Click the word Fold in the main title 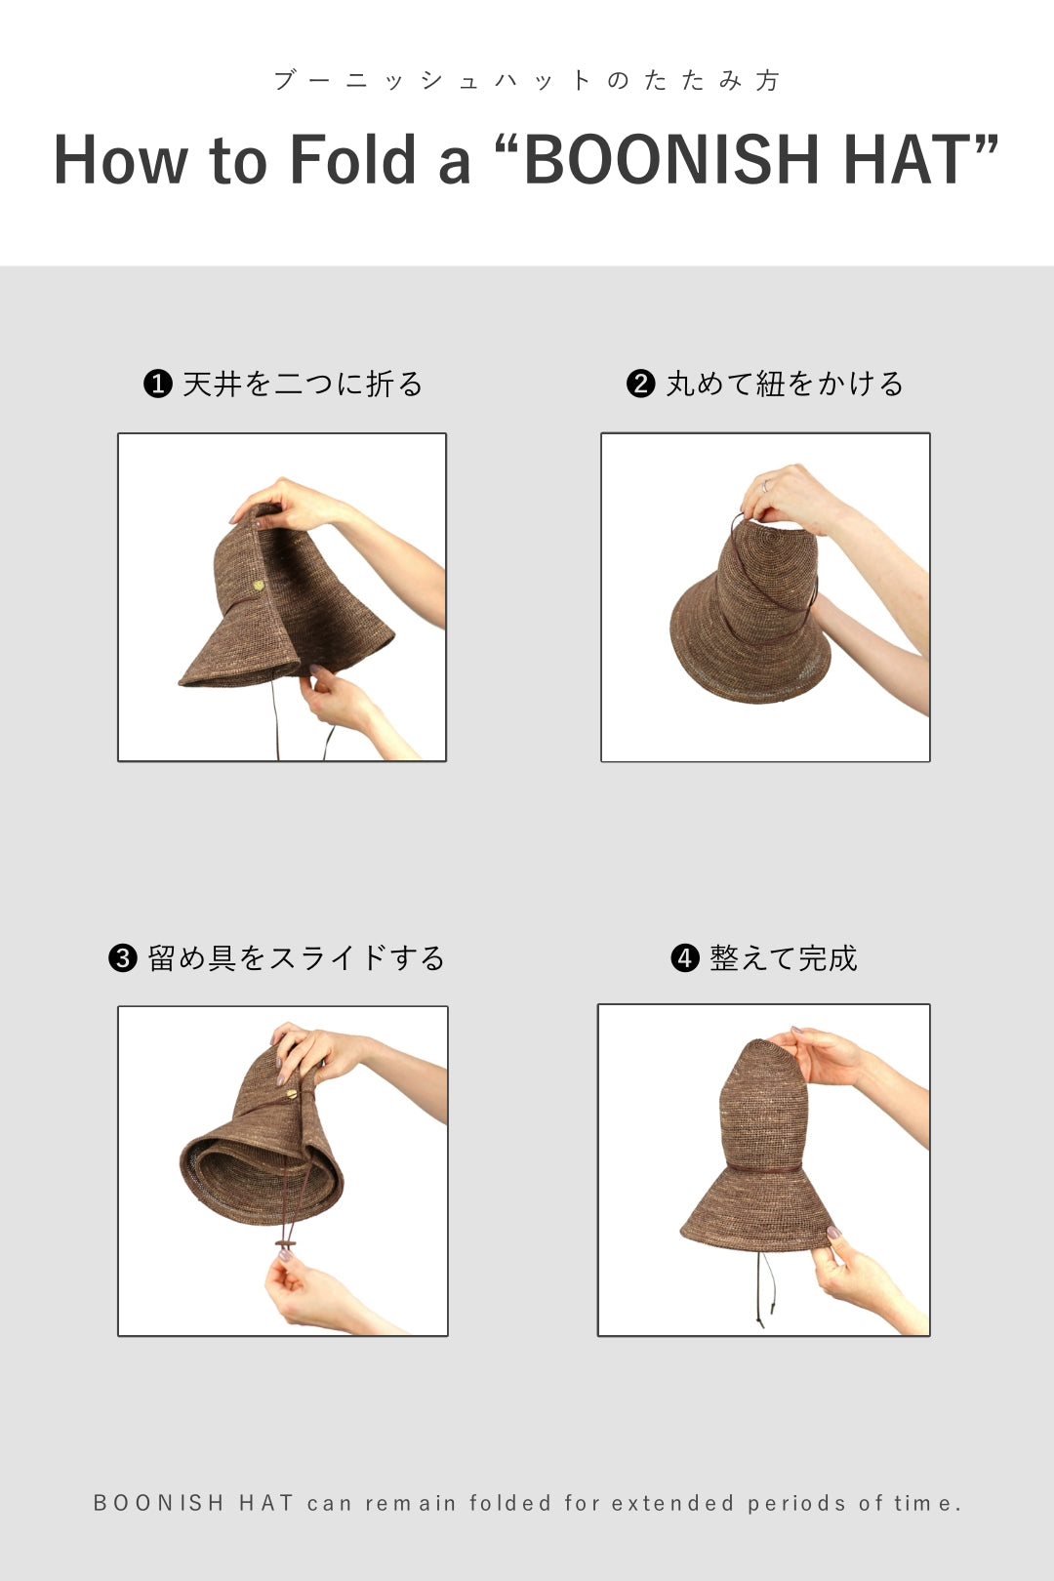[x=352, y=159]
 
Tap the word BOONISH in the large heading [x=670, y=159]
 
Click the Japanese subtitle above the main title [x=527, y=80]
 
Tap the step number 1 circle [x=157, y=384]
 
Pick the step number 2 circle [x=640, y=384]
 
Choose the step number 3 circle [x=122, y=958]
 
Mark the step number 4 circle [x=684, y=958]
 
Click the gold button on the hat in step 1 [x=259, y=585]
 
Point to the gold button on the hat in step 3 [x=291, y=1094]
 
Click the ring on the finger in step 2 [x=764, y=485]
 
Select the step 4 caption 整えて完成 [x=783, y=958]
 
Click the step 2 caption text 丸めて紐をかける [x=785, y=384]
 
